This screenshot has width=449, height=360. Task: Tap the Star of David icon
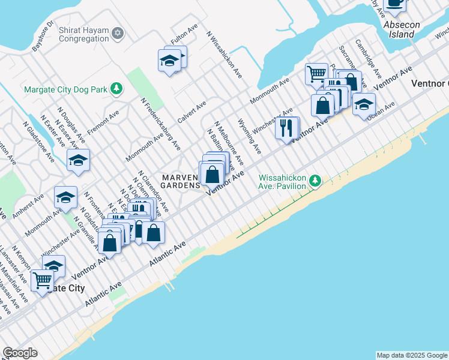[118, 32]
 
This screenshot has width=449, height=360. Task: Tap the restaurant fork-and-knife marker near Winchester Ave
[286, 127]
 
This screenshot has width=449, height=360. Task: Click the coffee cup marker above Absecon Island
[394, 3]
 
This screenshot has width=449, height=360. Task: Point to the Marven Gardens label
[180, 181]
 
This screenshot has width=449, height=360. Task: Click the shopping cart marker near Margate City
[43, 280]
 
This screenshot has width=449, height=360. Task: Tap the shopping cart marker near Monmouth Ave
[316, 74]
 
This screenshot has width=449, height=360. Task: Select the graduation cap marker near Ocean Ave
[363, 104]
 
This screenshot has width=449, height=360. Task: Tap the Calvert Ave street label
[191, 111]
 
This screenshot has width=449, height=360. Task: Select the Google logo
[20, 353]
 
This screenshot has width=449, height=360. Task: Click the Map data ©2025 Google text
[412, 355]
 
